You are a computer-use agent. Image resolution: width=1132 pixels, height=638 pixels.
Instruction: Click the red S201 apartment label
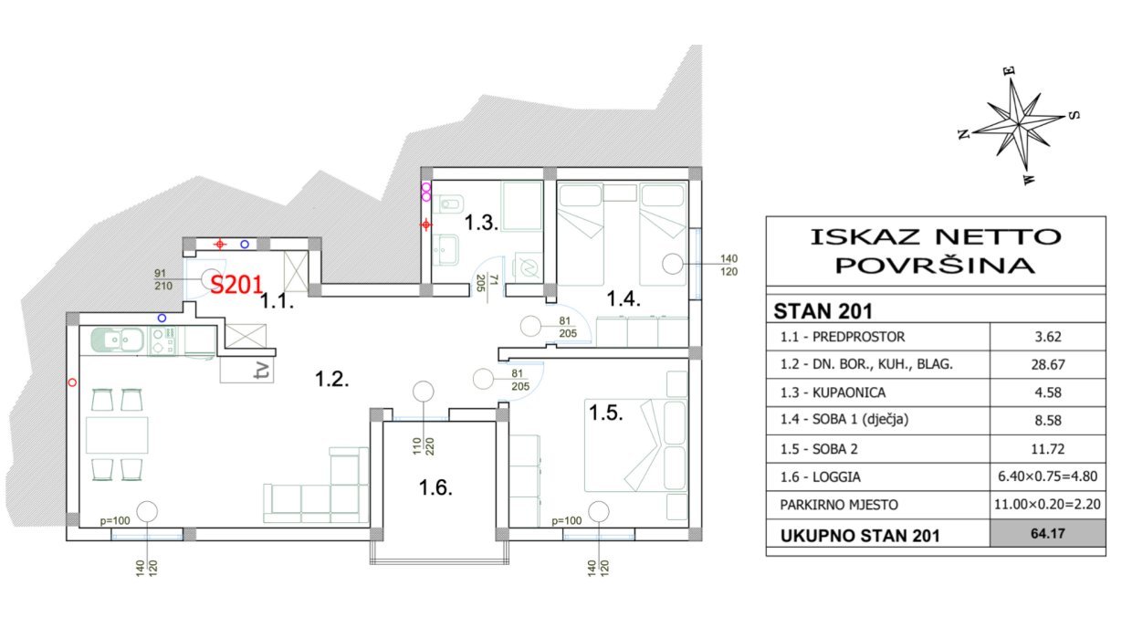(x=236, y=285)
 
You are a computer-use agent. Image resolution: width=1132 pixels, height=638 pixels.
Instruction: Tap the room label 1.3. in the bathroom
(x=481, y=223)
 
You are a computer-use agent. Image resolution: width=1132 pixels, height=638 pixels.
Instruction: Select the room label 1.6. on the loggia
(x=435, y=487)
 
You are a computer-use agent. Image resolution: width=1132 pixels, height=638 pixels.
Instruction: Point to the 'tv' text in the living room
(x=263, y=371)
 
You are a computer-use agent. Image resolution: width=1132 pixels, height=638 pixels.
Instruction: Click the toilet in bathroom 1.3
(x=451, y=205)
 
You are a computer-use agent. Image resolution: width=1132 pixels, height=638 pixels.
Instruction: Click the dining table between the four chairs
(x=117, y=434)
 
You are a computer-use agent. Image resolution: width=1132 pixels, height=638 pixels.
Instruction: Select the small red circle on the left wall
(x=72, y=383)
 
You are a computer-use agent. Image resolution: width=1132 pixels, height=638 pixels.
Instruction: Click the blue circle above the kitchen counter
(x=162, y=318)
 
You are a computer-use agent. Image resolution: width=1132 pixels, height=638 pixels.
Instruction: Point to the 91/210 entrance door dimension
(x=162, y=279)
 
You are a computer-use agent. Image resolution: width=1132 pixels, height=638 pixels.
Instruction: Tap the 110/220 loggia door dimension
(x=423, y=446)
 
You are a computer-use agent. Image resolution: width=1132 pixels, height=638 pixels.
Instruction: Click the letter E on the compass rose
(x=1009, y=70)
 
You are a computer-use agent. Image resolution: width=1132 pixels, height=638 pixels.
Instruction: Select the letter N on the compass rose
(x=964, y=134)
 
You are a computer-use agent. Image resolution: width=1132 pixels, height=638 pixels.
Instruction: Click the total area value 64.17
(x=1048, y=533)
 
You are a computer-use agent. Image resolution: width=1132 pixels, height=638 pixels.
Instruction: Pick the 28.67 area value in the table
(x=1048, y=365)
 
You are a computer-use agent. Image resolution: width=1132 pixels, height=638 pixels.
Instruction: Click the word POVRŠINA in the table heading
(x=935, y=266)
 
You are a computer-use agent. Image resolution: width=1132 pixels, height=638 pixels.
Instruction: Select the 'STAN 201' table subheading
(x=823, y=311)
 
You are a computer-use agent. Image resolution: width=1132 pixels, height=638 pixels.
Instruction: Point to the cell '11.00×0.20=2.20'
(x=1047, y=504)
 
